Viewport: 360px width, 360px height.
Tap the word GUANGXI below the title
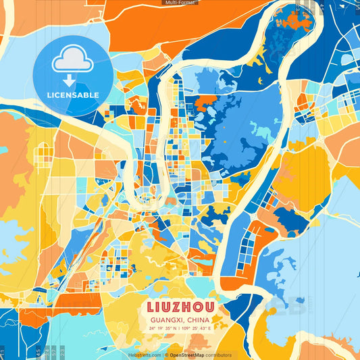click(x=168, y=320)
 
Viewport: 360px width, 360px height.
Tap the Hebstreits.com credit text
click(x=145, y=355)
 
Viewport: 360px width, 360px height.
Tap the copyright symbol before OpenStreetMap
click(x=166, y=355)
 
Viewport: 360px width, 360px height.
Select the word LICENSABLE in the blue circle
click(x=72, y=95)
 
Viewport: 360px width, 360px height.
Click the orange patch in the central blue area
click(x=206, y=105)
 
